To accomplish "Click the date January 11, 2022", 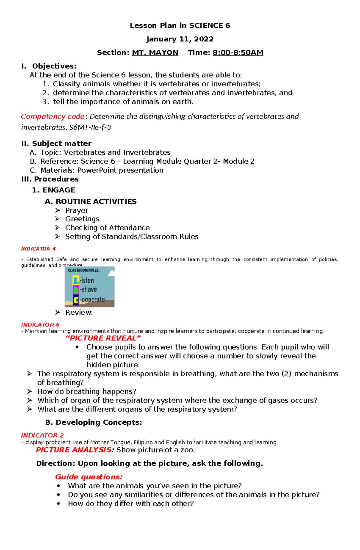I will tap(180, 39).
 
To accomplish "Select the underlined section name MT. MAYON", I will tap(155, 53).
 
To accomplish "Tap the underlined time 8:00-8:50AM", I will tap(238, 53).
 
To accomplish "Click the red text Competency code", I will tap(52, 117).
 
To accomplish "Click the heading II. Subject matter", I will tap(56, 144).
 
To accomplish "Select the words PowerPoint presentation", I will tap(120, 170).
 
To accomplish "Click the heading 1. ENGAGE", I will tap(54, 190).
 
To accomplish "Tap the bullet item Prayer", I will tap(77, 210).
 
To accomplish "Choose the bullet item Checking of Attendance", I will tap(107, 228).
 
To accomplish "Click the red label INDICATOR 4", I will tap(38, 249).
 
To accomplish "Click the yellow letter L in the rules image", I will tap(76, 281).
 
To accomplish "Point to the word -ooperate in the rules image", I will tap(92, 299).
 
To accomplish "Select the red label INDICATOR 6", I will tap(40, 325).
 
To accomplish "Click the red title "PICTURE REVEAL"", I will tap(103, 338).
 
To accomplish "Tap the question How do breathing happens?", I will tap(87, 391).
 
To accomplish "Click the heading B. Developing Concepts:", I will tap(93, 422).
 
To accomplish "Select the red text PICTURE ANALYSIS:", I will tap(75, 450).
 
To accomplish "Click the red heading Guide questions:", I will tap(89, 477).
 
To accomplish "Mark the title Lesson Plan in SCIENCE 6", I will tap(180, 26).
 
